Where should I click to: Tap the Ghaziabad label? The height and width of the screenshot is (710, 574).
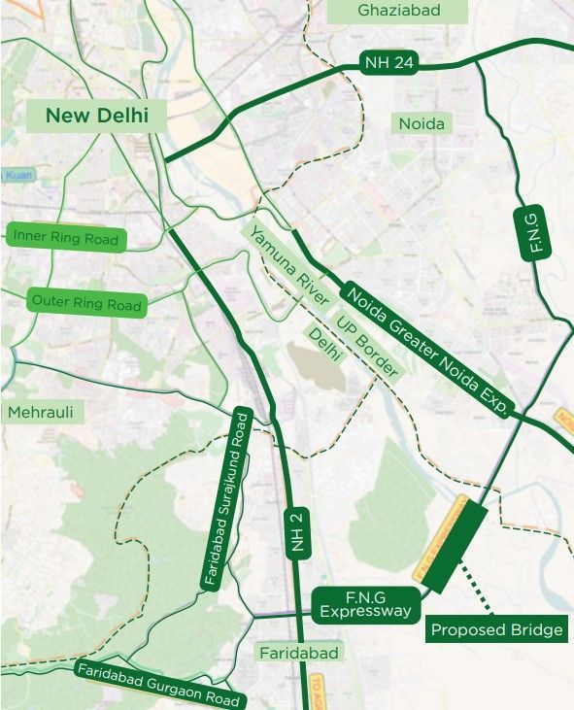(x=398, y=11)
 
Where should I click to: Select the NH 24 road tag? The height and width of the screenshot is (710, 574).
(x=389, y=63)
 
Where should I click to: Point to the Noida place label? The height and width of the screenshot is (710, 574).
(x=422, y=123)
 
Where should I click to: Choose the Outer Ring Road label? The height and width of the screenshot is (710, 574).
(x=86, y=302)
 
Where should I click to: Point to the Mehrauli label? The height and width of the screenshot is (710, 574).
(x=40, y=413)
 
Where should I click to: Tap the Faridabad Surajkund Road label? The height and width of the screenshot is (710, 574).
(x=227, y=500)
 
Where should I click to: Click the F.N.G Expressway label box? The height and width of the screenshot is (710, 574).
(x=367, y=605)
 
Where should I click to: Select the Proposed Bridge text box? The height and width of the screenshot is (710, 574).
(x=496, y=630)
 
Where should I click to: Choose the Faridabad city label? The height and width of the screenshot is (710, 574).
(x=298, y=653)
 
